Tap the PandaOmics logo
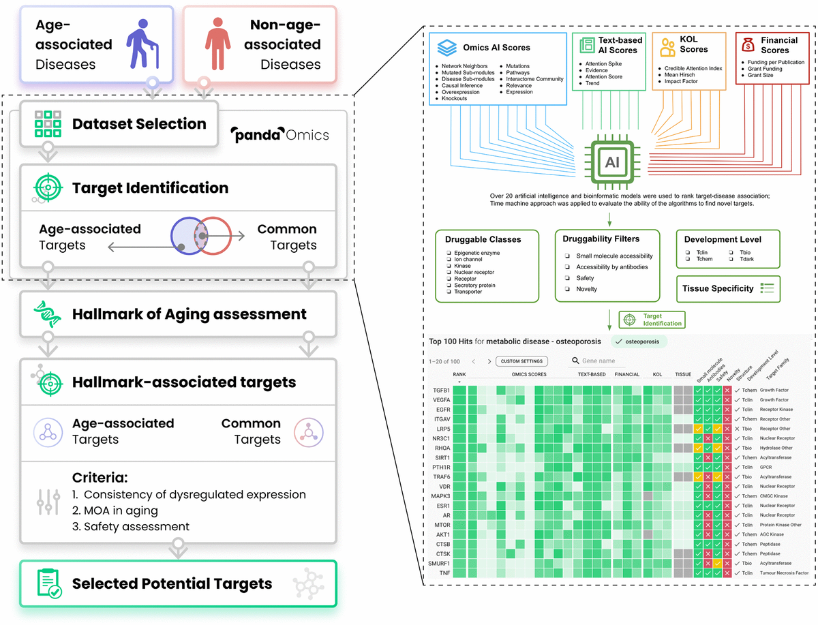[280, 135]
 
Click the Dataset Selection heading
[139, 124]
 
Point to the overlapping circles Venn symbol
[201, 237]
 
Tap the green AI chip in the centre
[611, 162]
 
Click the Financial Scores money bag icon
[748, 45]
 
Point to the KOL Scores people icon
[667, 48]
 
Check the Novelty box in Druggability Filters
[568, 289]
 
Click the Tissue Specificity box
[727, 288]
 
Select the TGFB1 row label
[441, 391]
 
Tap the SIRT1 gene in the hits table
[441, 457]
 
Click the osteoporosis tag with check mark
[639, 341]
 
